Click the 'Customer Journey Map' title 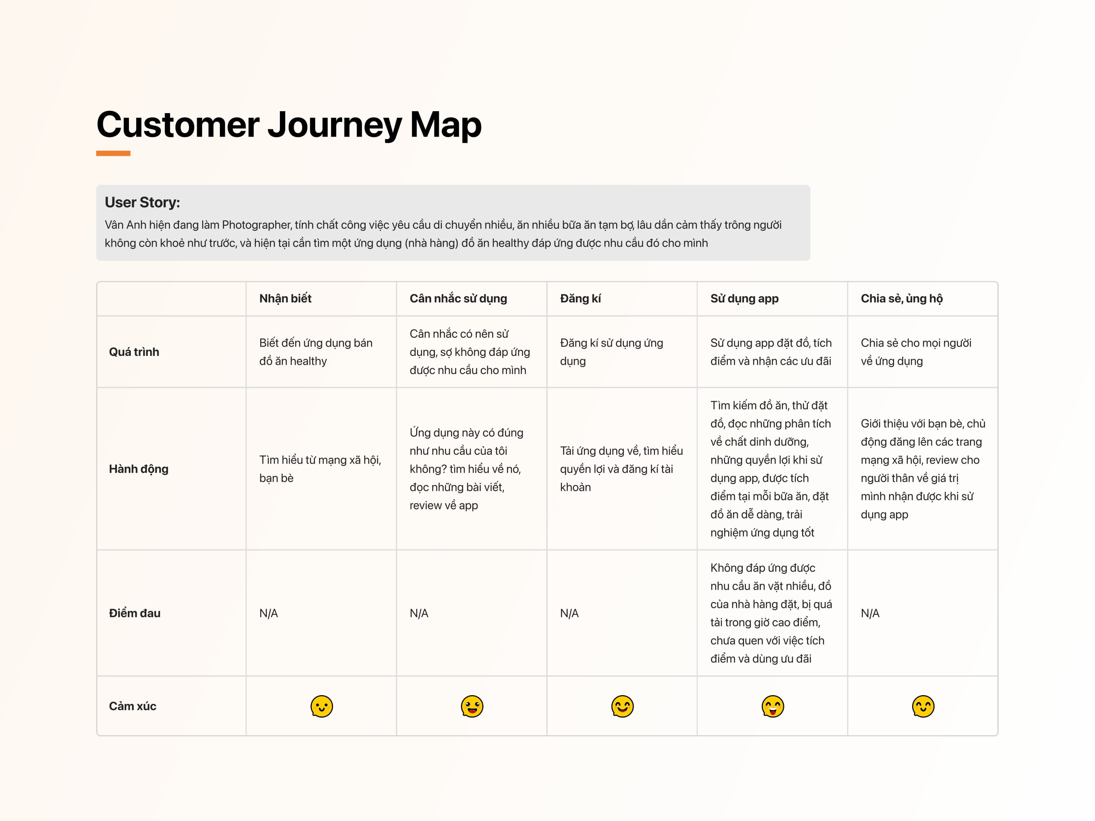coord(289,125)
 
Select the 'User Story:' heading coord(142,202)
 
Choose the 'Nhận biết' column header coord(285,299)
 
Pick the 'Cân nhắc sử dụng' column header coord(458,299)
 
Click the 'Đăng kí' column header coord(580,299)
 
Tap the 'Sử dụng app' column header coord(744,299)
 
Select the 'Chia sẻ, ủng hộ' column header coord(901,299)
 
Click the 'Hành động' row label coord(139,469)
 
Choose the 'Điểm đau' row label coord(135,613)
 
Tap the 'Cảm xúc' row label coord(133,706)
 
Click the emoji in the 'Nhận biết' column coord(322,706)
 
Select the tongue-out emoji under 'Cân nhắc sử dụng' coord(472,706)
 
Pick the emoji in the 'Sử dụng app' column coord(773,706)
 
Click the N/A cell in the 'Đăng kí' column coord(569,614)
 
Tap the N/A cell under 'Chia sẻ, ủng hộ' coord(870,614)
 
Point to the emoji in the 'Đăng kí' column coord(622,706)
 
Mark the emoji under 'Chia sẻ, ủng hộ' coord(923,706)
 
